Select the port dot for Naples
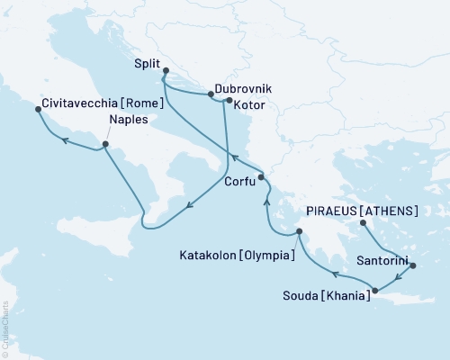106,144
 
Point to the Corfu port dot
261,177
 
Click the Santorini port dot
413,265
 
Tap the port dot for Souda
375,290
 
